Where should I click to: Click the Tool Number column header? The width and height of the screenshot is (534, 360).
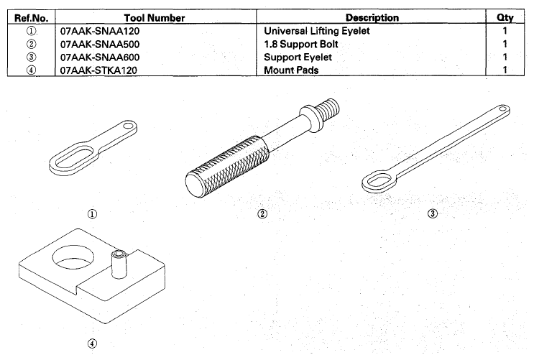tap(155, 18)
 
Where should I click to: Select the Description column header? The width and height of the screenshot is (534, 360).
tap(372, 17)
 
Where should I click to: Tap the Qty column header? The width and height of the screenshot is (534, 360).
tap(505, 17)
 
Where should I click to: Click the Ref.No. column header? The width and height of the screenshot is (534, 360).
tap(32, 18)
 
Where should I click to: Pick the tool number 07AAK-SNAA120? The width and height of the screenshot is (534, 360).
tap(100, 31)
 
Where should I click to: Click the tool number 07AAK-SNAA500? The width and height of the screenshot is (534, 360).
tap(100, 45)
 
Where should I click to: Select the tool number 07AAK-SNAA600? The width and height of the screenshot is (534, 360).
tap(100, 57)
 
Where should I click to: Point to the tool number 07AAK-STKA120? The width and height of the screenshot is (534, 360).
tap(98, 70)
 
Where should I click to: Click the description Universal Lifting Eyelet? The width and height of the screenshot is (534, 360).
tap(317, 31)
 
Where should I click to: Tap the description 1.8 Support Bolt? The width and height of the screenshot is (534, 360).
tap(301, 45)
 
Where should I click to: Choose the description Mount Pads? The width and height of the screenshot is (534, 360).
tap(291, 70)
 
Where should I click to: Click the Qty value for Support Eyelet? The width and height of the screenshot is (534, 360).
tap(505, 57)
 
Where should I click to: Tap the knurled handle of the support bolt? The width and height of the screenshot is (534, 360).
tap(227, 166)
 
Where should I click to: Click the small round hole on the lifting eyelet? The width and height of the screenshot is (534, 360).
tap(129, 126)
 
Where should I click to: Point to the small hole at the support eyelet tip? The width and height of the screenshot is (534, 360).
tap(503, 109)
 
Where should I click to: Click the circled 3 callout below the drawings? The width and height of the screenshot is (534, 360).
tap(433, 213)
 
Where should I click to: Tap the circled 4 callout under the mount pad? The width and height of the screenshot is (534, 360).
tap(92, 343)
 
